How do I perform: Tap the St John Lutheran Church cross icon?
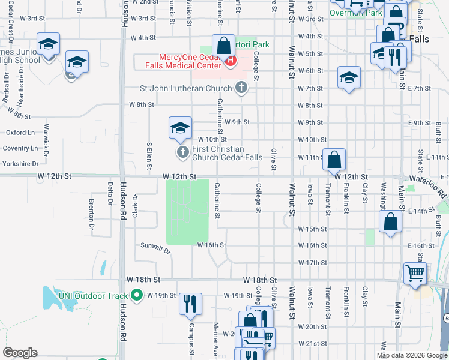[241, 89]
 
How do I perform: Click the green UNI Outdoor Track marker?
[137, 295]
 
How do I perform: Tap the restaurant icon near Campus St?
[191, 304]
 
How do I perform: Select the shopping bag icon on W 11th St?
[334, 160]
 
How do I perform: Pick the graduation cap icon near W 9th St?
[180, 127]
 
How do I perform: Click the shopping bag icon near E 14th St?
[390, 221]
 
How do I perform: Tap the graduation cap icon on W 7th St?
[349, 77]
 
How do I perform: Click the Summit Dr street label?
[155, 247]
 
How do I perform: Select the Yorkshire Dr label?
[19, 163]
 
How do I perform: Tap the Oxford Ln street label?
[20, 132]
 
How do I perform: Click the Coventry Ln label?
[19, 148]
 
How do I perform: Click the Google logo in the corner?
[20, 353]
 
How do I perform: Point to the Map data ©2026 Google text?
[411, 355]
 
